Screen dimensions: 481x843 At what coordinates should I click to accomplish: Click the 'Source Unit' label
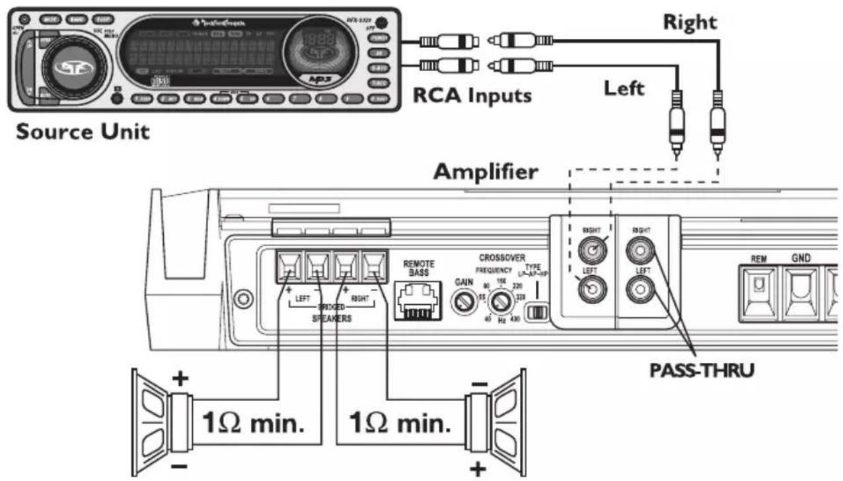point(83,131)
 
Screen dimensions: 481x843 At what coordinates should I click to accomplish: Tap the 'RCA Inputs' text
point(472,95)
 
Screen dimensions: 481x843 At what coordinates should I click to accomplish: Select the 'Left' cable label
point(624,88)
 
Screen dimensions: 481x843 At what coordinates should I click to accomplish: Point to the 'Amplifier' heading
point(485,173)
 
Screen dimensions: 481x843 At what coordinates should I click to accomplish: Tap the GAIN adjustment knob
point(461,303)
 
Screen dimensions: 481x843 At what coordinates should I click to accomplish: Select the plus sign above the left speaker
point(180,378)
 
